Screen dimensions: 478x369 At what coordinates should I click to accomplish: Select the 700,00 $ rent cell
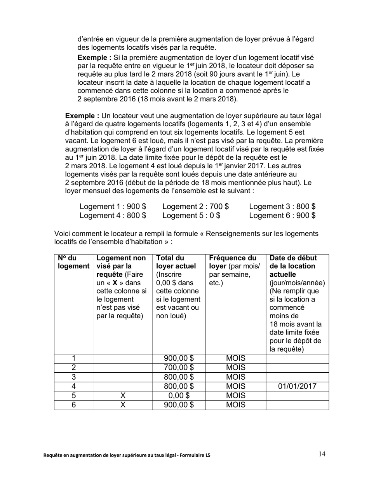[179, 367]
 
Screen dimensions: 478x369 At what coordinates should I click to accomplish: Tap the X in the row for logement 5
[122, 396]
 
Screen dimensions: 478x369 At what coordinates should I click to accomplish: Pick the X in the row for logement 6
[122, 405]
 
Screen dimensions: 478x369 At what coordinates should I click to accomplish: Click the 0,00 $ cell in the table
[179, 396]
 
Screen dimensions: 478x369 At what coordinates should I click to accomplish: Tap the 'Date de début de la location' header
[292, 262]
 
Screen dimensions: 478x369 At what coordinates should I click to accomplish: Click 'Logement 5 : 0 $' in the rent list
[191, 215]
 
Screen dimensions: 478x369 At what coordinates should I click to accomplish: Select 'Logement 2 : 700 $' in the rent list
[195, 206]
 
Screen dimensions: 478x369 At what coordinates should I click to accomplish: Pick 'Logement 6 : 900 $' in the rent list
[282, 215]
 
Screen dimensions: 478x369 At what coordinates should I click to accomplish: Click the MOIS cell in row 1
[236, 358]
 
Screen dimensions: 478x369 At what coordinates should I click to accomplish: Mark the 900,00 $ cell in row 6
[179, 405]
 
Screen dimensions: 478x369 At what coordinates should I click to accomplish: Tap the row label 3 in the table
[73, 377]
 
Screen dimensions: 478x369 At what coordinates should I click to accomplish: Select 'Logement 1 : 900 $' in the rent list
[113, 206]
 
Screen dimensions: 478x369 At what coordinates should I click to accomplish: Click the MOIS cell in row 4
[236, 386]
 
